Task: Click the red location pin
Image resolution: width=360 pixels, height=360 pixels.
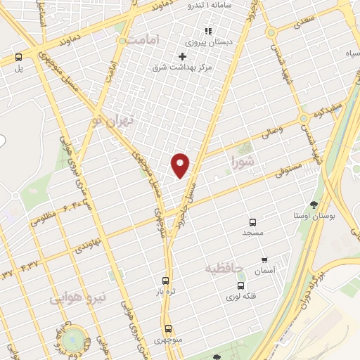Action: pyautogui.click(x=181, y=165)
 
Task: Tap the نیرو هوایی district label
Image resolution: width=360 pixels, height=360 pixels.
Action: pyautogui.click(x=77, y=298)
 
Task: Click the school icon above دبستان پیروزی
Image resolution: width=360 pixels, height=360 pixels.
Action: pyautogui.click(x=207, y=31)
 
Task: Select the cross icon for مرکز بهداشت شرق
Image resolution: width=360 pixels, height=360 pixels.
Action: pyautogui.click(x=182, y=56)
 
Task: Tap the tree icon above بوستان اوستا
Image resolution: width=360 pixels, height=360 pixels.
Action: pyautogui.click(x=311, y=205)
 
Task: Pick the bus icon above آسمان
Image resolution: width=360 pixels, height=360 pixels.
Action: pyautogui.click(x=264, y=259)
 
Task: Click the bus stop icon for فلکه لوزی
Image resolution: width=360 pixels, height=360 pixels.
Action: pyautogui.click(x=241, y=286)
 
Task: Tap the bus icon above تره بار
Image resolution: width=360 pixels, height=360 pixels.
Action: pyautogui.click(x=166, y=280)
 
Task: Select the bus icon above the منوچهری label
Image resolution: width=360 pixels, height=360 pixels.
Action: pyautogui.click(x=168, y=328)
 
